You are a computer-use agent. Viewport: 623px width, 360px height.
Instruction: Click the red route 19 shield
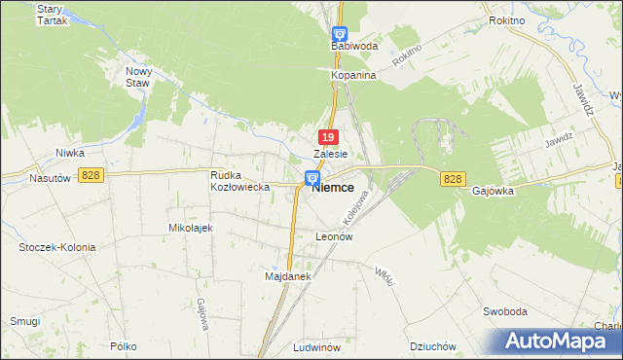pyautogui.click(x=329, y=138)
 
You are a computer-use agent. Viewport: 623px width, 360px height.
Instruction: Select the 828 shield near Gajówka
pyautogui.click(x=452, y=179)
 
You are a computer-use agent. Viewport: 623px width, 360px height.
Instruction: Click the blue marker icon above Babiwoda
pyautogui.click(x=339, y=33)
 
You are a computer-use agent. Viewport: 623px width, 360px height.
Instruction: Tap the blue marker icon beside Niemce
pyautogui.click(x=311, y=178)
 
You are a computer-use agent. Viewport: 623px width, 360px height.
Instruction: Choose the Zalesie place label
pyautogui.click(x=331, y=154)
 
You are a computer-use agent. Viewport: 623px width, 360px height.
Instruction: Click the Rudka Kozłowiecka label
pyautogui.click(x=239, y=180)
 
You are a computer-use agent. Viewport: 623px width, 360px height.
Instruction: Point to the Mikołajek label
pyautogui.click(x=191, y=227)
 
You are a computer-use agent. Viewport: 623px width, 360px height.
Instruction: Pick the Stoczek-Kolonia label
pyautogui.click(x=57, y=247)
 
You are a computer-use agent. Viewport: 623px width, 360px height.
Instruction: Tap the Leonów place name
pyautogui.click(x=333, y=236)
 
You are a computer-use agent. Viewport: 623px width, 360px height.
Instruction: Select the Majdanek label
pyautogui.click(x=287, y=276)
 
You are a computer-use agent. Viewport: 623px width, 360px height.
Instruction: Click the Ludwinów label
pyautogui.click(x=315, y=346)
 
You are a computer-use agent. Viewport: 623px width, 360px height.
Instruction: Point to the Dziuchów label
pyautogui.click(x=433, y=346)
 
